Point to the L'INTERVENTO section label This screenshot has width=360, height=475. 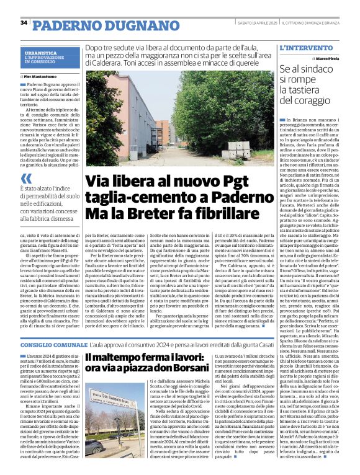click(302, 47)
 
